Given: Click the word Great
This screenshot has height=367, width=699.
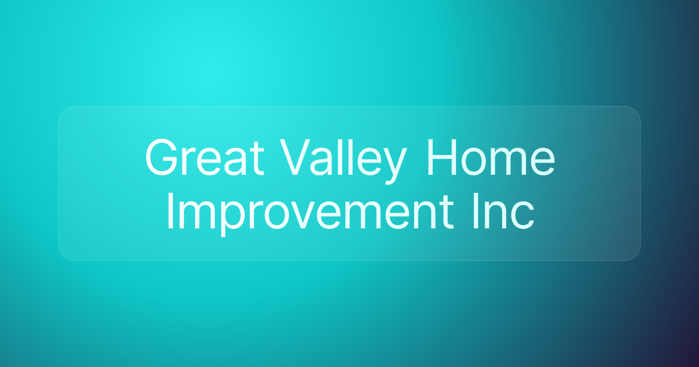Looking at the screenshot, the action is (204, 157).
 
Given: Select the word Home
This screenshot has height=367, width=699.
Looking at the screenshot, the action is (491, 157).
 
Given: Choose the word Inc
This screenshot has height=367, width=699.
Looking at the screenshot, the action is (504, 211).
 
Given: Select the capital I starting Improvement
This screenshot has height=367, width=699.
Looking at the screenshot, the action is (170, 211).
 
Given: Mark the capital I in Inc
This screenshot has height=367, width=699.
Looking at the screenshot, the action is (476, 211).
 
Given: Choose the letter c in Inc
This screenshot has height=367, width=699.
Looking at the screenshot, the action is (522, 216).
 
